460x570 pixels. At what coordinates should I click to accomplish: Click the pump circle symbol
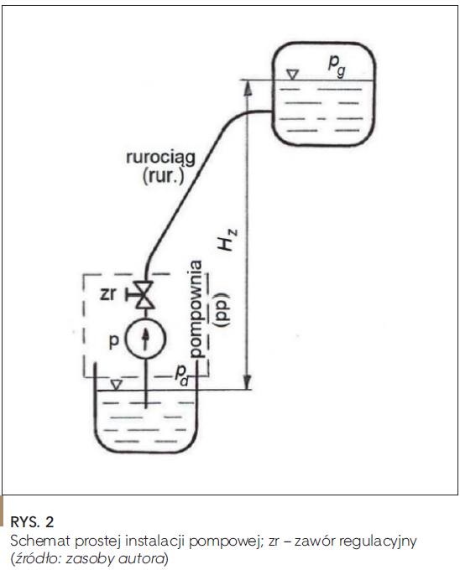tap(145, 338)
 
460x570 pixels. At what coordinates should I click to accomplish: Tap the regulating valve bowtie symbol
tap(145, 295)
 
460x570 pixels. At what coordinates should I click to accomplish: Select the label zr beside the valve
tap(107, 293)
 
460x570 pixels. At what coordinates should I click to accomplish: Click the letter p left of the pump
tap(114, 342)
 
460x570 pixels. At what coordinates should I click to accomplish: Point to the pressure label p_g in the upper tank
tap(337, 66)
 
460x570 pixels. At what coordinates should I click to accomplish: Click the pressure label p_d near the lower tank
tap(181, 375)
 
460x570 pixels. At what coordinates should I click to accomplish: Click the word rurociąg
tap(161, 158)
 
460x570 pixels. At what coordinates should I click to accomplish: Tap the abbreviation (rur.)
tap(164, 177)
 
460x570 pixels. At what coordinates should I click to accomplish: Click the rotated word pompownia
tap(196, 309)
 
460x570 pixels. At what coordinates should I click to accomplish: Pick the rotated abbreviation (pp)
tap(221, 309)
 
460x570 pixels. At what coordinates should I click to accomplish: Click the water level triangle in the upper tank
tap(292, 75)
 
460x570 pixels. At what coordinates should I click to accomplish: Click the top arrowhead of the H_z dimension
tap(248, 88)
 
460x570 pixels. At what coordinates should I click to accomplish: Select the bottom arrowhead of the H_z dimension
tap(248, 382)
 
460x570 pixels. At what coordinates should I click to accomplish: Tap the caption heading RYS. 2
tap(32, 522)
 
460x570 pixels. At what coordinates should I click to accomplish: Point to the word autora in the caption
tap(144, 558)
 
